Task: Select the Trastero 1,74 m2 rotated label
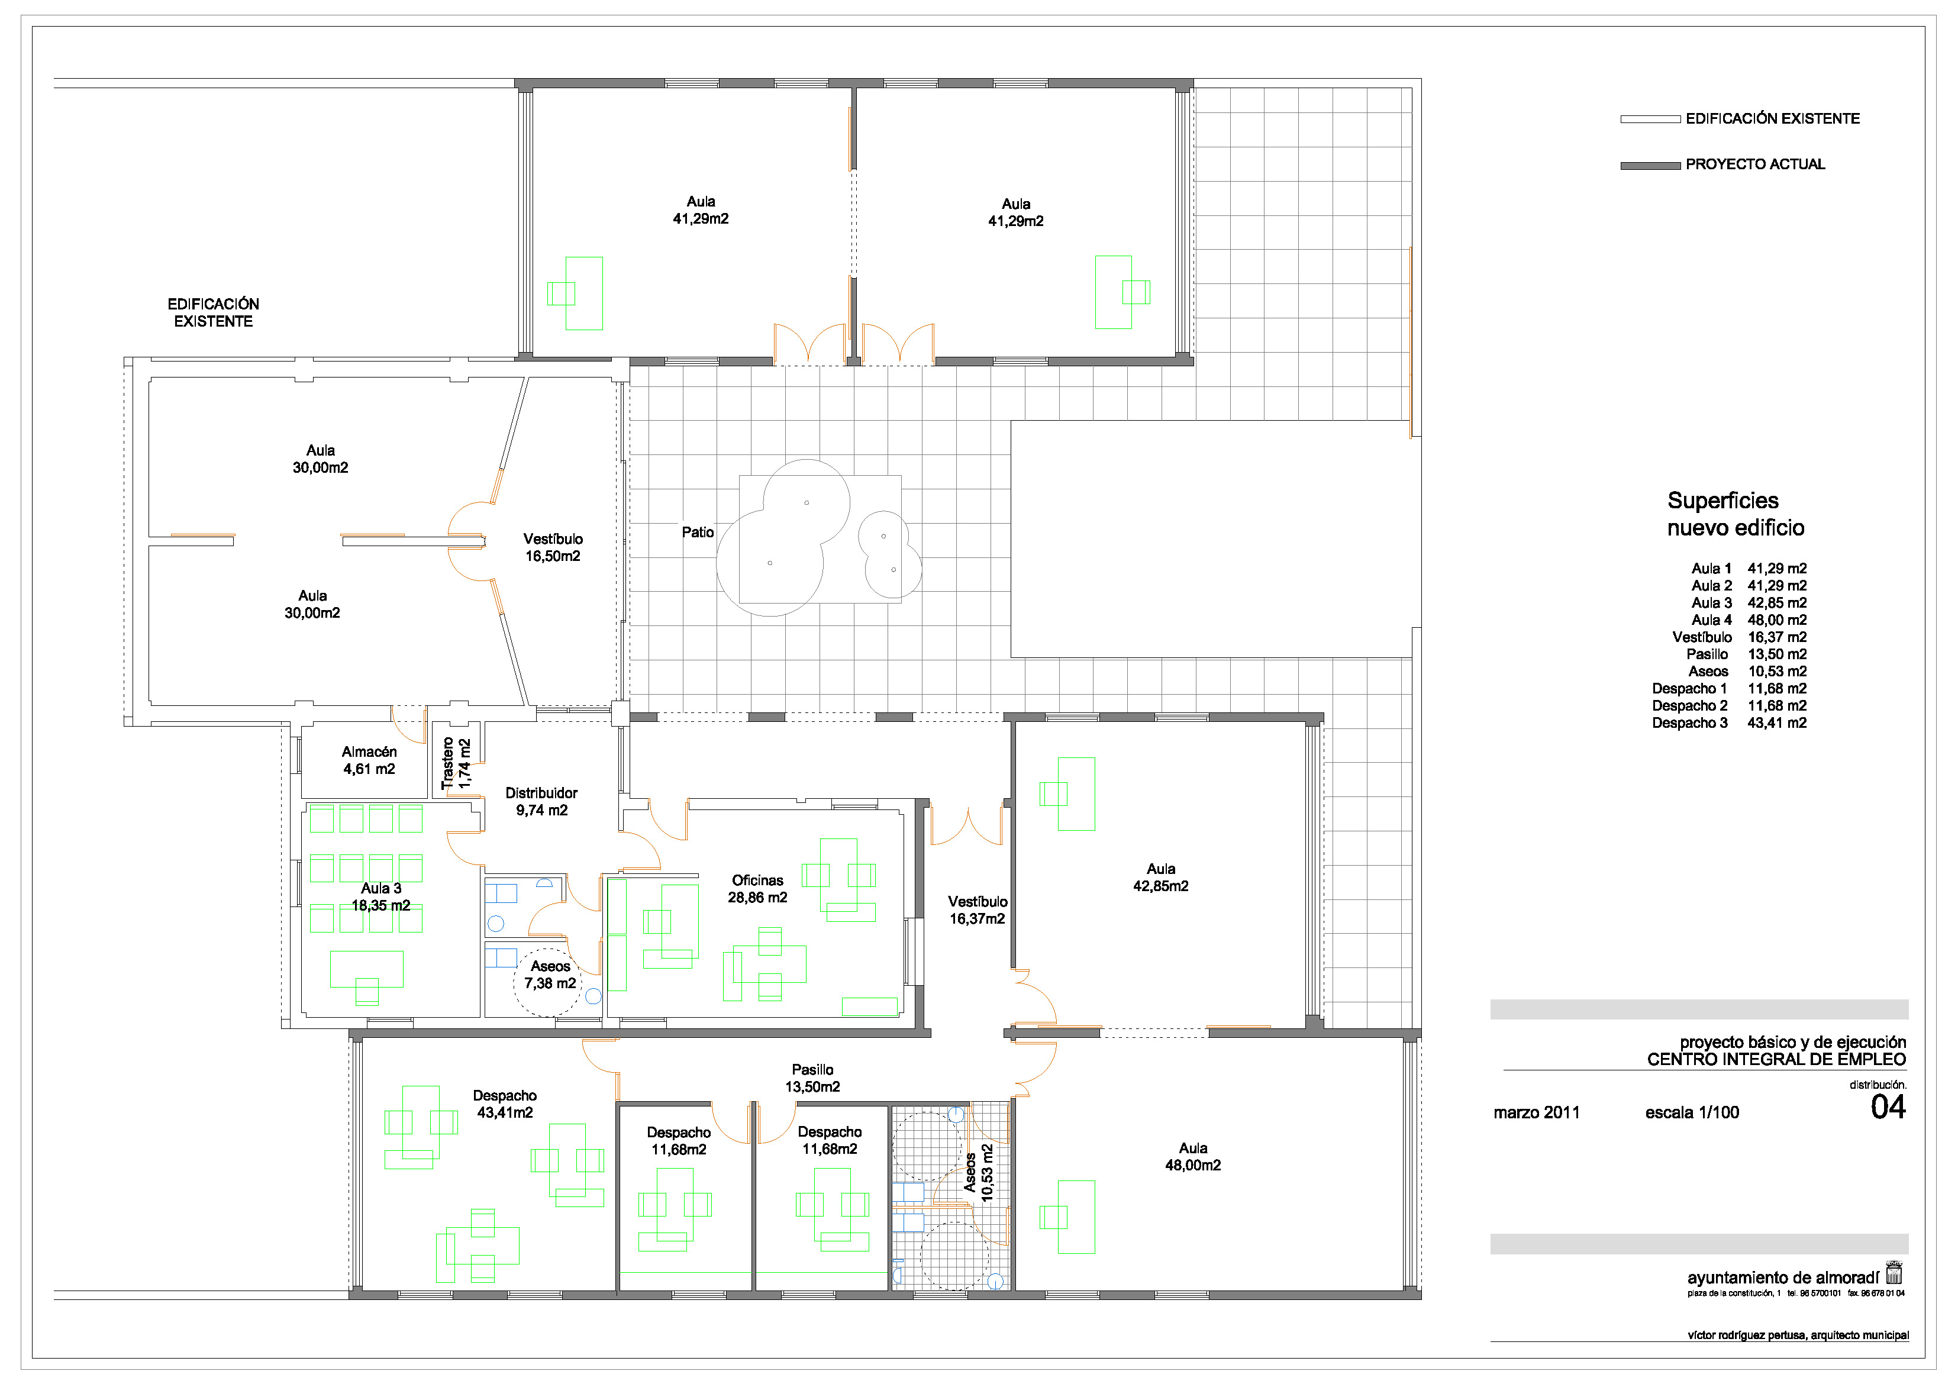click(456, 763)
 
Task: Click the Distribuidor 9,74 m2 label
click(541, 802)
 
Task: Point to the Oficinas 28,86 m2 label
click(757, 889)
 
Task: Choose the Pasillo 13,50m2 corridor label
click(812, 1078)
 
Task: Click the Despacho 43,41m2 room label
click(505, 1104)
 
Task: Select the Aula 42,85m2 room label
click(1160, 877)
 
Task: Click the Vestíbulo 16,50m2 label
click(553, 547)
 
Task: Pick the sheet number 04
click(1888, 1108)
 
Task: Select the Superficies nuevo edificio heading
click(1736, 514)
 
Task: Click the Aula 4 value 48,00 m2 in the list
click(1777, 620)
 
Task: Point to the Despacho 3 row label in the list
click(1689, 723)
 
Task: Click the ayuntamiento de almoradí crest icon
click(1894, 1273)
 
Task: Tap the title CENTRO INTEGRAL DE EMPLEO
click(1776, 1060)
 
